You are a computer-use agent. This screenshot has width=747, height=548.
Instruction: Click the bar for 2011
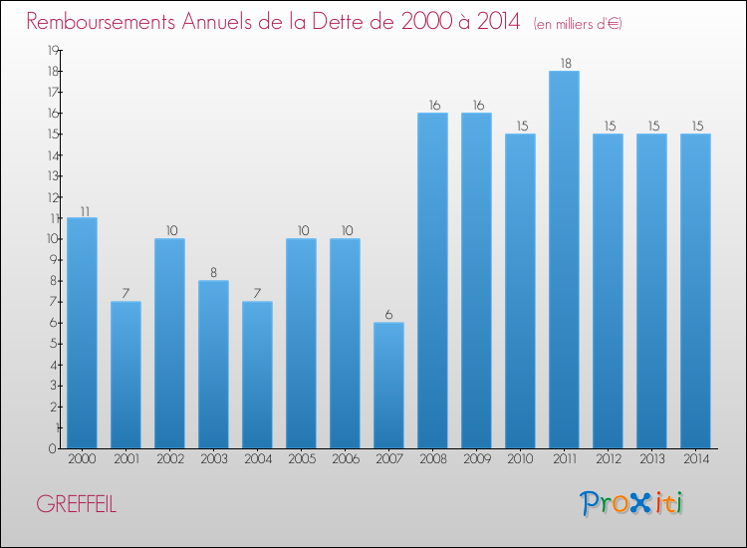coord(564,260)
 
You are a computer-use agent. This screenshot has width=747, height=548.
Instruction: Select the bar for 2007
coord(388,386)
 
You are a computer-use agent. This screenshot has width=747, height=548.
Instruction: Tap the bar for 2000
coord(82,333)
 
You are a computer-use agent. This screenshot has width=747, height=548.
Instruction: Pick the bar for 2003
coord(213,365)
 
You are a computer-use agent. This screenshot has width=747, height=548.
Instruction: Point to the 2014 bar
coord(695,291)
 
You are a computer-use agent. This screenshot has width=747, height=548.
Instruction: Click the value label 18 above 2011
coord(566,64)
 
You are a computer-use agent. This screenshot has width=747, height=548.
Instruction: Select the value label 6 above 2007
coord(388,315)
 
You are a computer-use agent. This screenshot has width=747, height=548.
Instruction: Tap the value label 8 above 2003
coord(213,273)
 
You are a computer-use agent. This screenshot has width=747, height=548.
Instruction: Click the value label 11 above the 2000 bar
coord(85,211)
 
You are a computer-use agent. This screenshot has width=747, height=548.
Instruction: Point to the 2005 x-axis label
coord(302,459)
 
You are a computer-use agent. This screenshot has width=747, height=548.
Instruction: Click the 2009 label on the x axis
coord(477,459)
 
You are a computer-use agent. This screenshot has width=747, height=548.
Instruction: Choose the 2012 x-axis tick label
coord(609,459)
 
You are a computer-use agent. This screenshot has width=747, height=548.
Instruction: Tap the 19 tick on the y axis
coord(53,50)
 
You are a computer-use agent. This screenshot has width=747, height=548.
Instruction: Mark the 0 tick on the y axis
coord(52,448)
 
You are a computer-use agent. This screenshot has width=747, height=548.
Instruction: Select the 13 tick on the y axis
coord(53,175)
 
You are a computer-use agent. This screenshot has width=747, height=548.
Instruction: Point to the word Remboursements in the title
coord(101,22)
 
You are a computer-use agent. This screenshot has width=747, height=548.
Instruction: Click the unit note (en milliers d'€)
coord(578,24)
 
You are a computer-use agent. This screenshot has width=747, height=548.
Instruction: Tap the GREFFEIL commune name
coord(77,504)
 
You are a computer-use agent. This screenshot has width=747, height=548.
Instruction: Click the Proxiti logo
coord(631,503)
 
